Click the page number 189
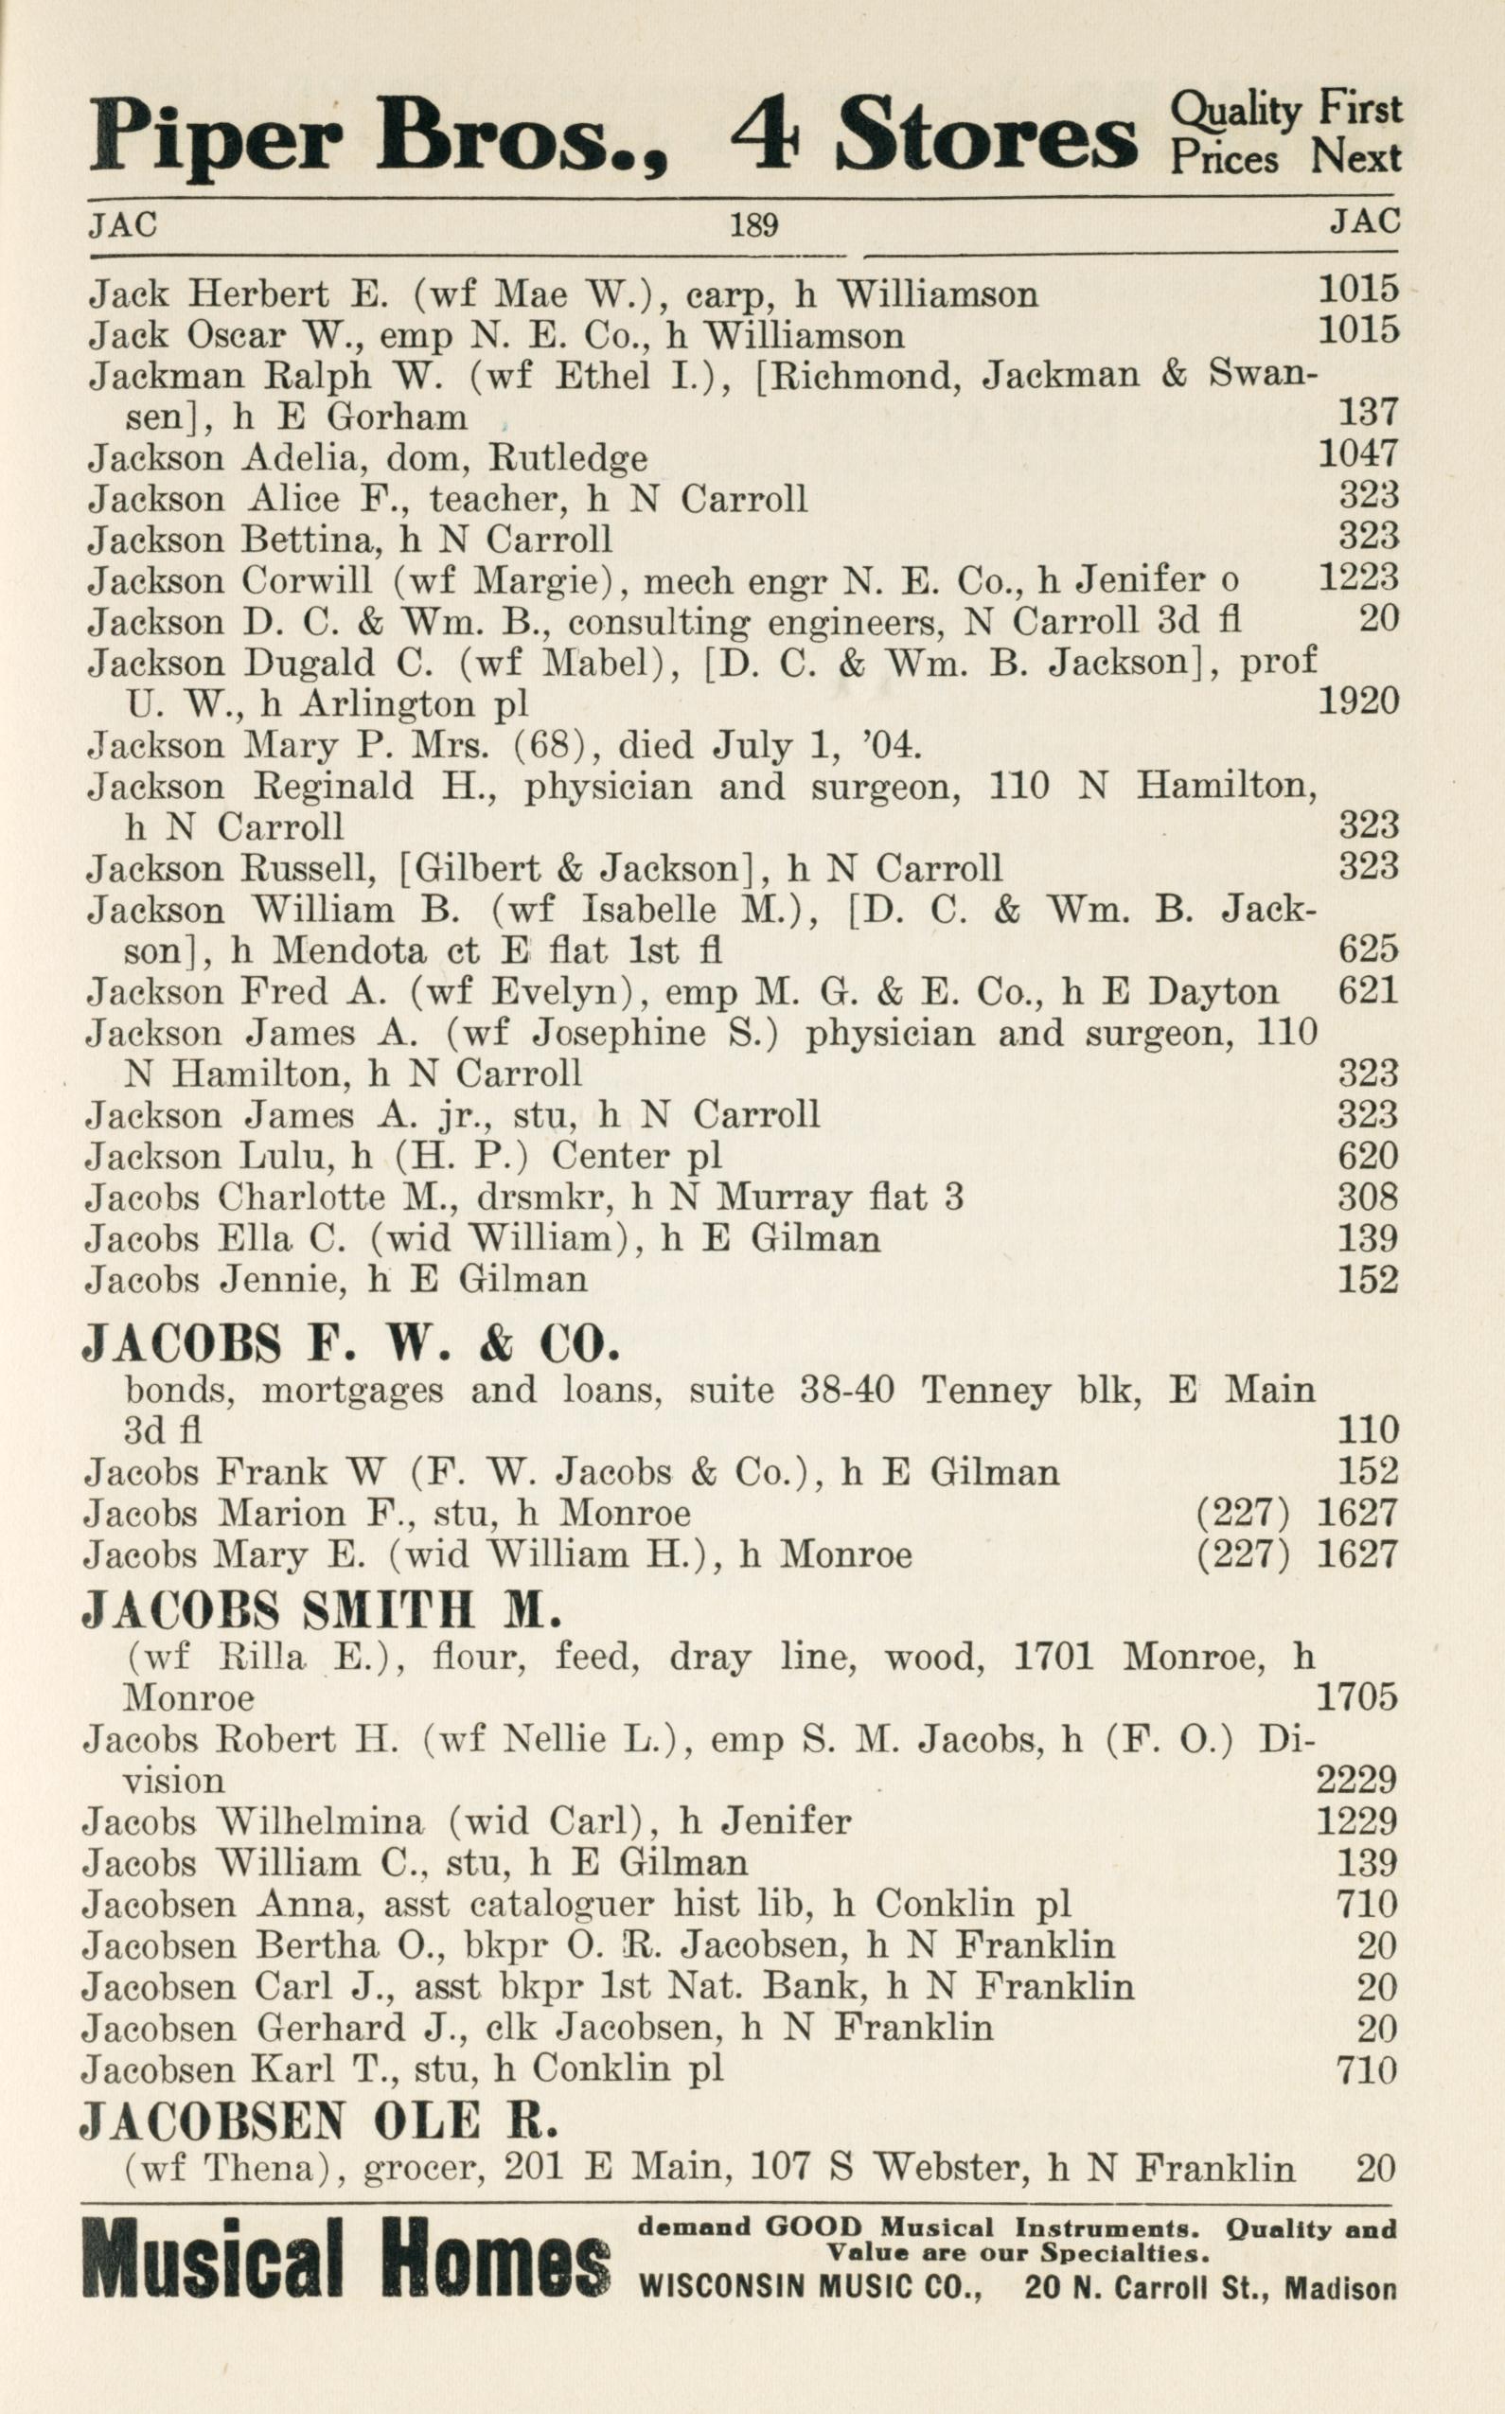coord(752,226)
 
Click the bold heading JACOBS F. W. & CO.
coord(351,1345)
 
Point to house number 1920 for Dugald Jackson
coord(1357,701)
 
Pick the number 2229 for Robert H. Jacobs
coord(1355,1779)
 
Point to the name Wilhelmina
coord(320,1820)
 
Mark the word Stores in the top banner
coord(985,136)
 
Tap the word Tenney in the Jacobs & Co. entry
coord(984,1389)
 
